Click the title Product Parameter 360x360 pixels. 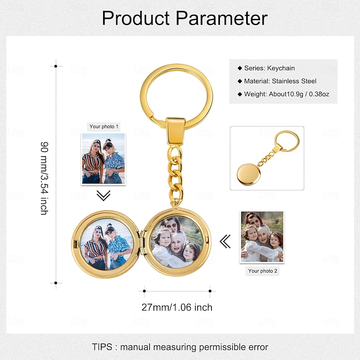tap(184, 18)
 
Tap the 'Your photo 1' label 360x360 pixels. tap(104, 126)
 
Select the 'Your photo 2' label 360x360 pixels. tap(263, 271)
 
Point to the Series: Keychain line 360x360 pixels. tap(269, 68)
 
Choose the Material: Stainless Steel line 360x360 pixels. tap(280, 81)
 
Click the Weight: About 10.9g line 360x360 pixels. tap(286, 94)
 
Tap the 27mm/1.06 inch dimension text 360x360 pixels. tap(177, 308)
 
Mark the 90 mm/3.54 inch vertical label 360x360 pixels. tap(44, 178)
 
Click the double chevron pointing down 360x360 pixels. tap(103, 195)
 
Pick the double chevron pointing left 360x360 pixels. tap(225, 242)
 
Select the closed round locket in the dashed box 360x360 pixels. tap(248, 174)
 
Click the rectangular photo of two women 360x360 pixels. tap(103, 159)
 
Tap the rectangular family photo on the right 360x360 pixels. tap(262, 236)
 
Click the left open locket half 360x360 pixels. tap(107, 243)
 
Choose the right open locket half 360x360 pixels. tap(176, 243)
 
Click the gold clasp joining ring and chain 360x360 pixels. tap(175, 129)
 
